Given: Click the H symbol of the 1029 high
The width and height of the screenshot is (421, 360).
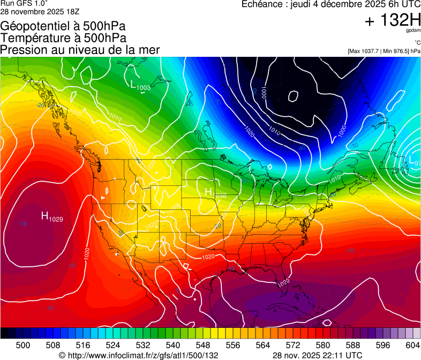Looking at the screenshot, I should pos(44,215).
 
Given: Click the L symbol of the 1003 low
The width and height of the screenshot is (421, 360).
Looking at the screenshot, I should pos(133,84).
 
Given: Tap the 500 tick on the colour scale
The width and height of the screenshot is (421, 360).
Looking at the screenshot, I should pos(23,345).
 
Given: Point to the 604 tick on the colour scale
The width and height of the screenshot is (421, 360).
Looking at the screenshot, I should pos(413,345).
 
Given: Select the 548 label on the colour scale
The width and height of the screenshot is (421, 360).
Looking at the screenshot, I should pos(203,345).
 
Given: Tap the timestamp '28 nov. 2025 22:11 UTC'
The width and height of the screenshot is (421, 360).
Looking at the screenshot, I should pos(317,355).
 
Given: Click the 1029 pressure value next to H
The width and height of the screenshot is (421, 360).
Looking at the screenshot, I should pos(56,219).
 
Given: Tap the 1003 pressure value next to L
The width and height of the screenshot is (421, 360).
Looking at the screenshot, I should pos(144,87).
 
